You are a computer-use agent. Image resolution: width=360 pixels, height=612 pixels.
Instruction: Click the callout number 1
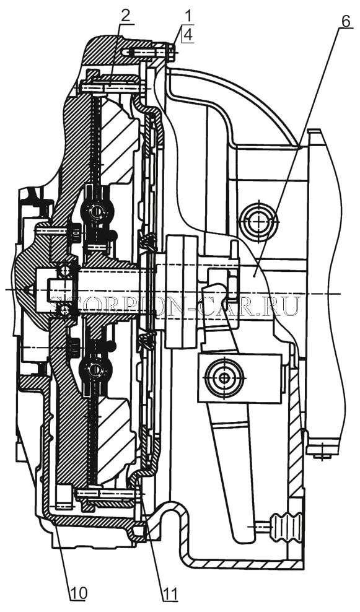(188, 17)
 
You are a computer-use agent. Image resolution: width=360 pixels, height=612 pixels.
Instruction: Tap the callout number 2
(126, 16)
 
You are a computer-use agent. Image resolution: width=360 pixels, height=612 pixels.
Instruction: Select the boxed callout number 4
(188, 35)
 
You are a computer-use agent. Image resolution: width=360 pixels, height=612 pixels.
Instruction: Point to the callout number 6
(346, 21)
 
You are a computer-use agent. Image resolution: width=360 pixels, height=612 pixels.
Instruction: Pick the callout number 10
(79, 593)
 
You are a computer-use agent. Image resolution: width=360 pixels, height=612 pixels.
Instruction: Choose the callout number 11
(170, 593)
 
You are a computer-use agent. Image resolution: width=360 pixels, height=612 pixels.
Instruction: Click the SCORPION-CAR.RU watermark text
(176, 306)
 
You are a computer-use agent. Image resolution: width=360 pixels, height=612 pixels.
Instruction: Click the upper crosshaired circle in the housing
(258, 221)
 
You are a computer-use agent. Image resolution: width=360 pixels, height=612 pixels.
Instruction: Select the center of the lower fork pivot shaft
(224, 378)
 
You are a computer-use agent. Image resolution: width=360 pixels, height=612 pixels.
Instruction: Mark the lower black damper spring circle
(95, 369)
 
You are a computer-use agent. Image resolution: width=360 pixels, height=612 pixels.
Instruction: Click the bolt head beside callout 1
(172, 52)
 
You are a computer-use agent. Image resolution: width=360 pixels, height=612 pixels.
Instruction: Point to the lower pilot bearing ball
(64, 310)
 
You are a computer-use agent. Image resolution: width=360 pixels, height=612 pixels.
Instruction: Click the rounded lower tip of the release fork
(244, 535)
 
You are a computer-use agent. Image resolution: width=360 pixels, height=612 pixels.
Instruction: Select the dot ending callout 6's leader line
(255, 275)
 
